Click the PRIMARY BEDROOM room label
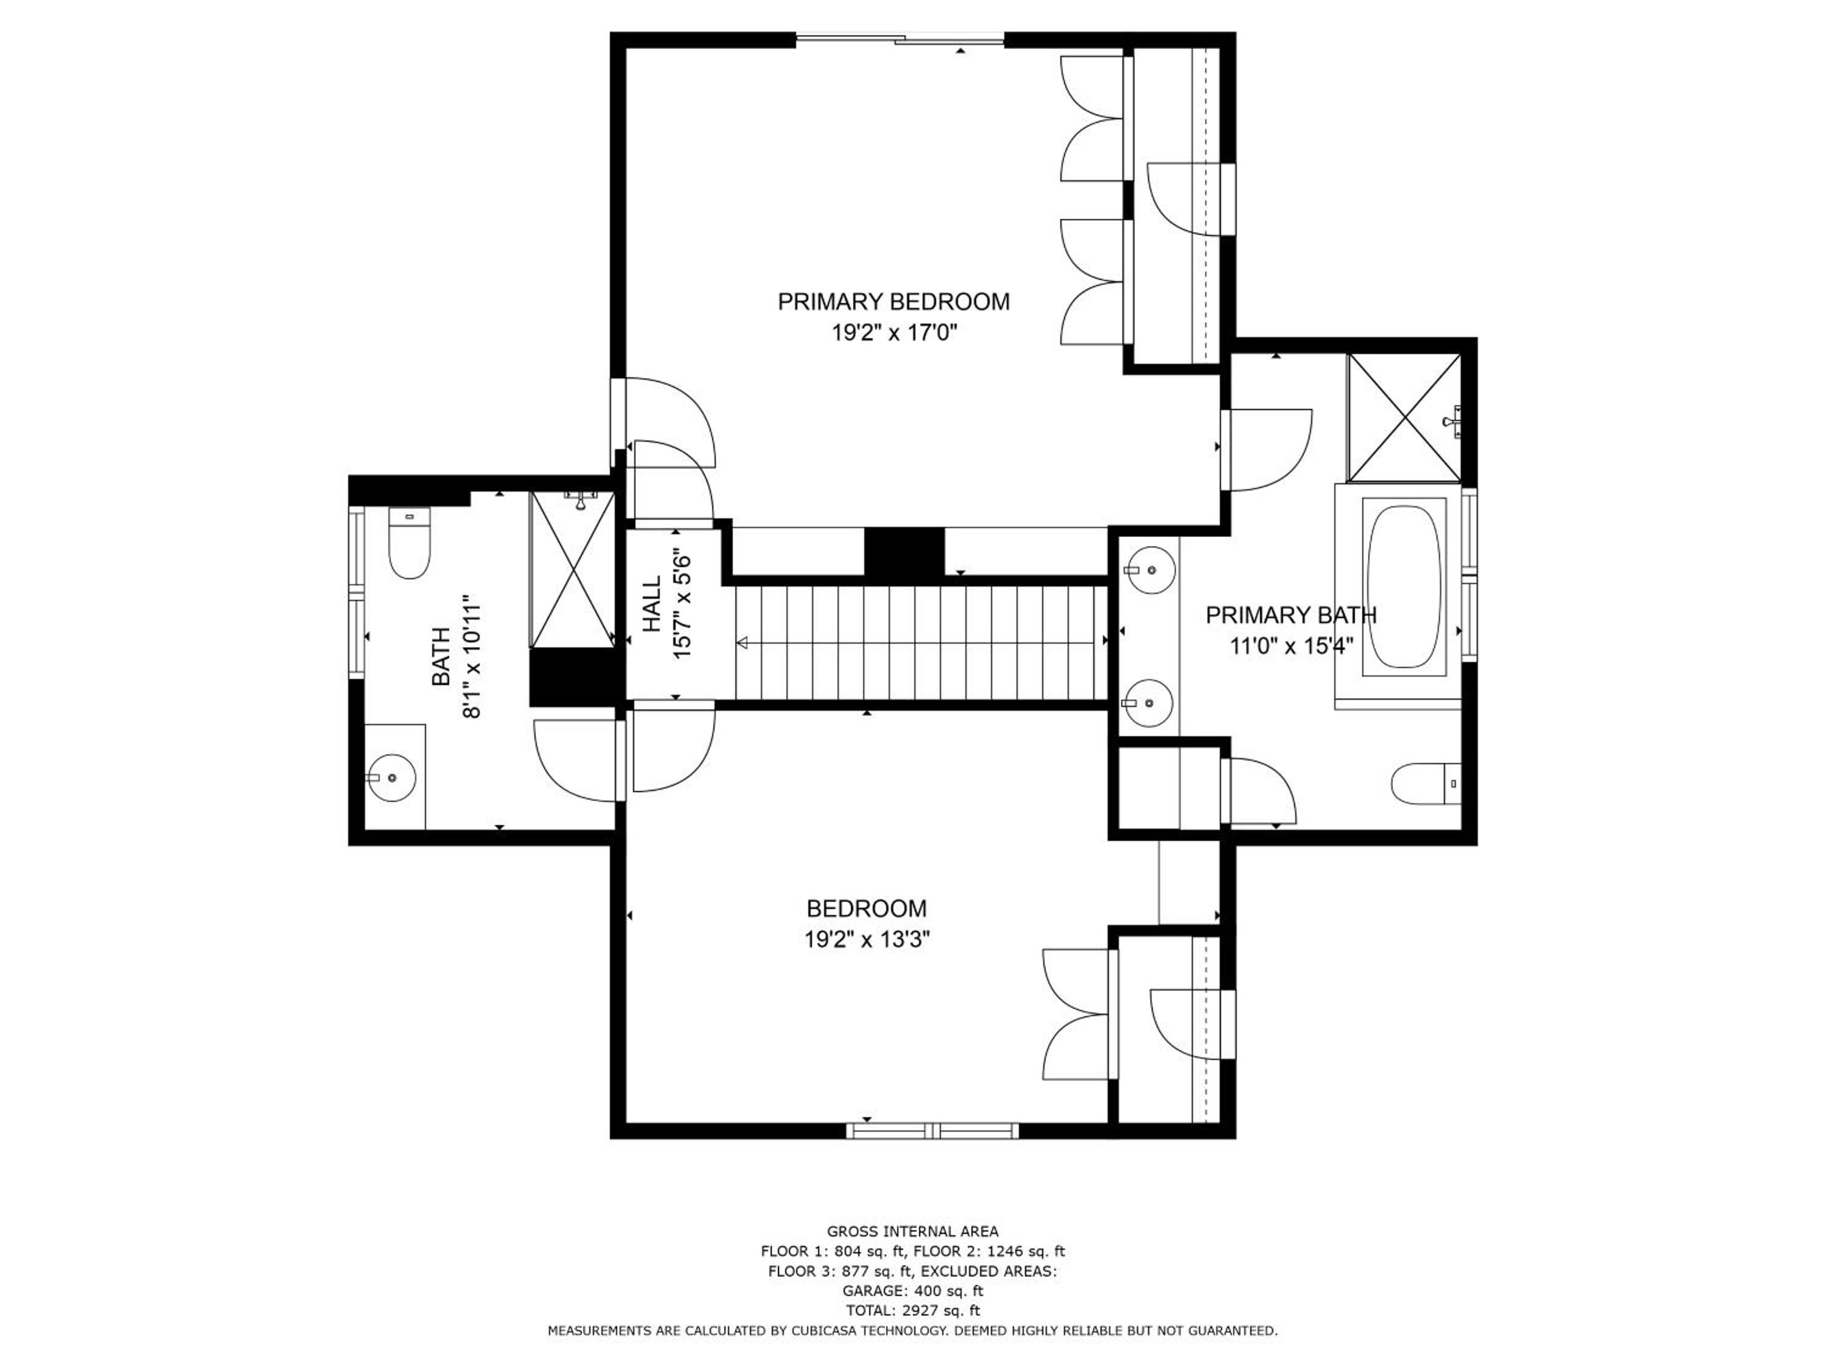click(893, 302)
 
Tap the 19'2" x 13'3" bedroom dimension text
click(867, 940)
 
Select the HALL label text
click(652, 604)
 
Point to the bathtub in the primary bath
click(1404, 586)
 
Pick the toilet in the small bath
click(410, 543)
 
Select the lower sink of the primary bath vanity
click(1149, 704)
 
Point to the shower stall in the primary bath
click(1404, 417)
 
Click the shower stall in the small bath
click(572, 570)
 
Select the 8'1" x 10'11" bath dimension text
click(470, 657)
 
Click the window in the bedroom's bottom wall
click(932, 1130)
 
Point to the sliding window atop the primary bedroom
click(900, 38)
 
